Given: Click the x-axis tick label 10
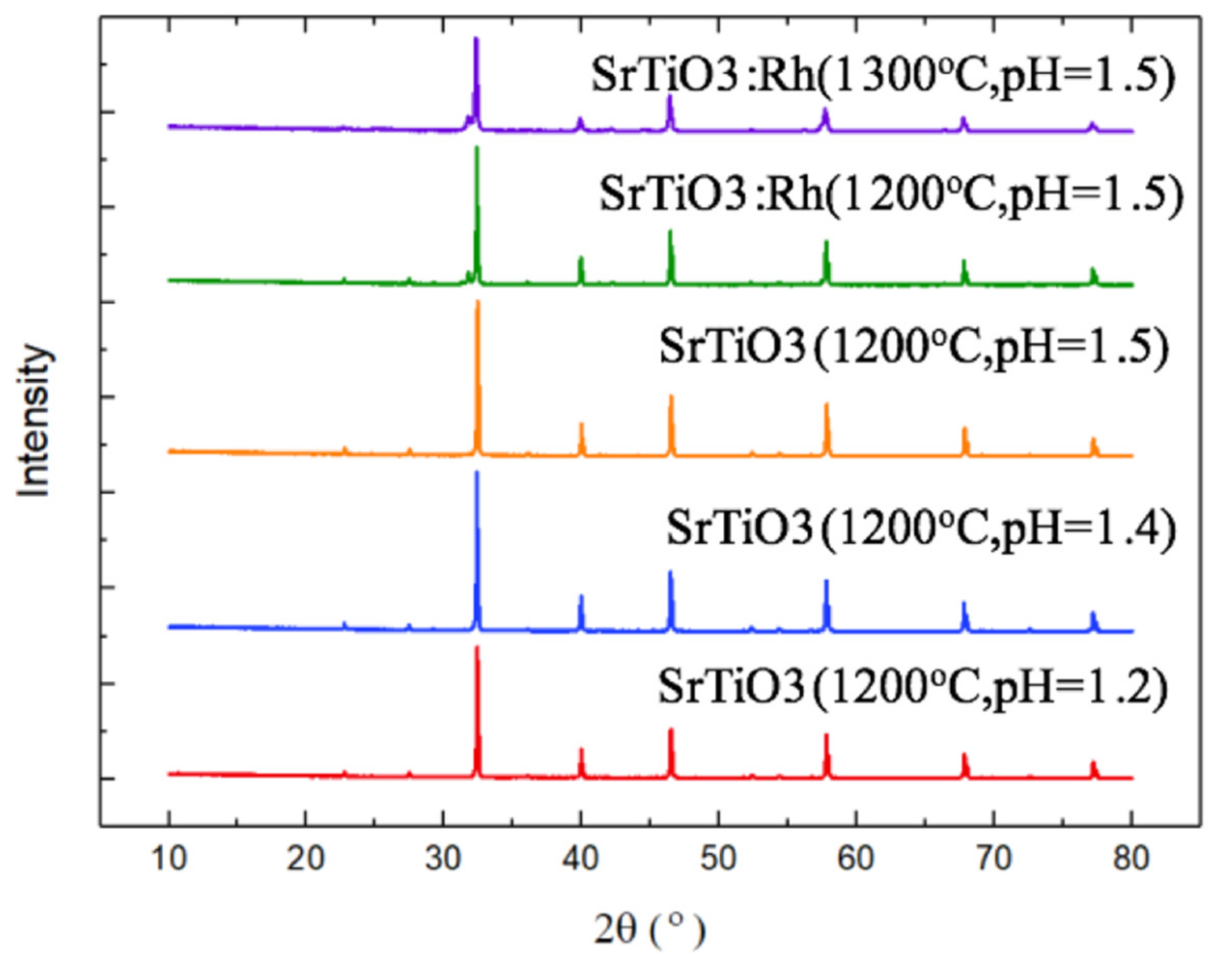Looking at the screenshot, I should [x=168, y=859].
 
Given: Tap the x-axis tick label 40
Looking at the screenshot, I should [x=580, y=859].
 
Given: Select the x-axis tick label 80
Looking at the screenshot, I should [x=1132, y=859].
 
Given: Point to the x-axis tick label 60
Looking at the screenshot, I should [x=856, y=859].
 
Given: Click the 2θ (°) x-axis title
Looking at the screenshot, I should [x=649, y=930].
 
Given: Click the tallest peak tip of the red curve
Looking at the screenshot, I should [x=477, y=647].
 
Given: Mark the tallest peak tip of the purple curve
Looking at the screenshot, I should [x=476, y=38].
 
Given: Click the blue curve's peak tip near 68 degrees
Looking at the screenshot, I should [x=964, y=603].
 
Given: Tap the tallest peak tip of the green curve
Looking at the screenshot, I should [x=477, y=148].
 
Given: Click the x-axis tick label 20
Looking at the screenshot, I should [x=305, y=859].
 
